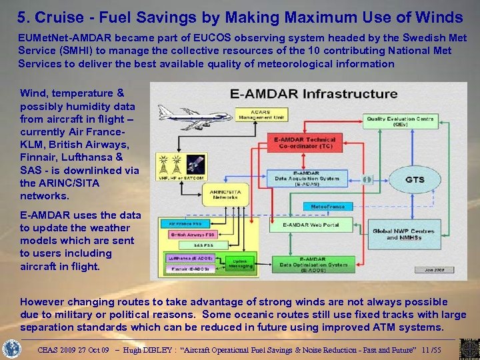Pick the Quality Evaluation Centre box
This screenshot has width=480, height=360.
point(400,121)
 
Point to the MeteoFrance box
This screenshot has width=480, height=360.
point(327,207)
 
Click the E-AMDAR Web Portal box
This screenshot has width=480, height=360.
point(311,225)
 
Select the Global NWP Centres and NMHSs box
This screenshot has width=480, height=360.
point(403,234)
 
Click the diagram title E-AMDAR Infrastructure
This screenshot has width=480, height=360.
point(313,93)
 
